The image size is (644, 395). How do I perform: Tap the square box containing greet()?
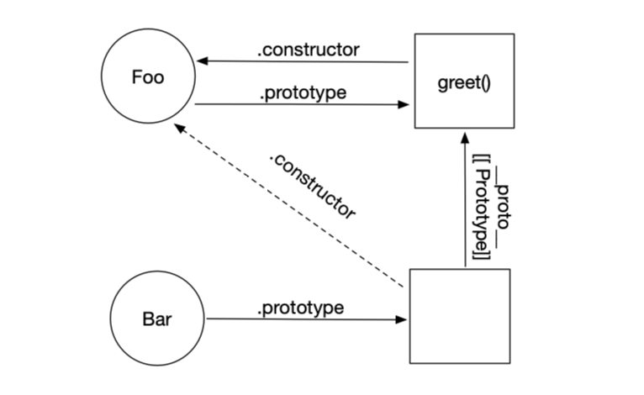pyautogui.click(x=464, y=81)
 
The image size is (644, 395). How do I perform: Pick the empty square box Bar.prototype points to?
pyautogui.click(x=459, y=316)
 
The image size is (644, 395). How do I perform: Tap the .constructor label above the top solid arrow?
pyautogui.click(x=308, y=49)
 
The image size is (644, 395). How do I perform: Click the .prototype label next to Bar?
pyautogui.click(x=300, y=308)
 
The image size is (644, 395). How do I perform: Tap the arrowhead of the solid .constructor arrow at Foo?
pyautogui.click(x=202, y=61)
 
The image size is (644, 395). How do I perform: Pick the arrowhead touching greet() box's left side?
pyautogui.click(x=406, y=105)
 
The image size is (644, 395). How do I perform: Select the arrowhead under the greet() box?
pyautogui.click(x=464, y=136)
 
